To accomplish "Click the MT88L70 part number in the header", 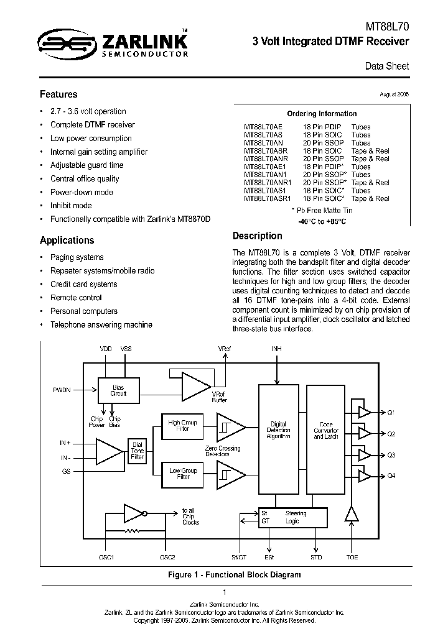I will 387,27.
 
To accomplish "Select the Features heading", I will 58,94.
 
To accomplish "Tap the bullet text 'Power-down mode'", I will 82,192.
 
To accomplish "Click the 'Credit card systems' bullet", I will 83,284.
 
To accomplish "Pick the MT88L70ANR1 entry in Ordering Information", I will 268,183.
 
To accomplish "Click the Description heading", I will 257,236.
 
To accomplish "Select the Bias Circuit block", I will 118,390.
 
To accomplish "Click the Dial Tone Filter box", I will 138,451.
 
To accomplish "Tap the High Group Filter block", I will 183,426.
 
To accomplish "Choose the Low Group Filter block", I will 183,474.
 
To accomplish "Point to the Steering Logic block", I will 292,517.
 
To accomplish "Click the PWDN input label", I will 62,390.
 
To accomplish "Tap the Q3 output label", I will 391,456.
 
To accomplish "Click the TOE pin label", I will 352,558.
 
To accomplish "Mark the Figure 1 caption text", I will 235,575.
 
